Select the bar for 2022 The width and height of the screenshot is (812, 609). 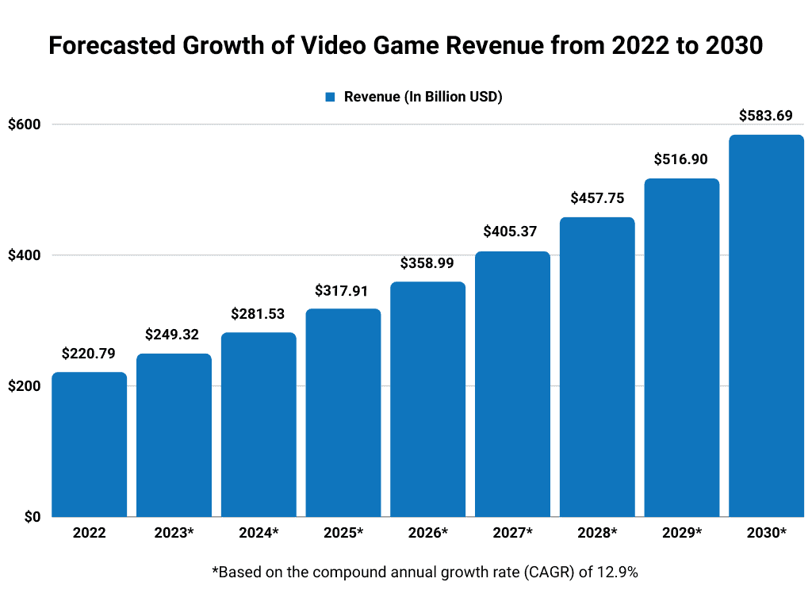90,444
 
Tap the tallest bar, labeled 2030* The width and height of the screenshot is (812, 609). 766,325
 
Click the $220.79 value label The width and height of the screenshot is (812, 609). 90,353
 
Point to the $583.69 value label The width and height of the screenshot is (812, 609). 766,116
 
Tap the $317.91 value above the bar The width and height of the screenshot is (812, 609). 343,289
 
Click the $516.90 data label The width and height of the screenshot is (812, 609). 681,159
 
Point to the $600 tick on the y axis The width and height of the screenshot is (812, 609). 25,124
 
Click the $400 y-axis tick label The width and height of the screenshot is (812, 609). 25,255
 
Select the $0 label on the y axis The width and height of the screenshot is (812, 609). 31,517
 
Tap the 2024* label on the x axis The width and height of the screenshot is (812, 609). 259,533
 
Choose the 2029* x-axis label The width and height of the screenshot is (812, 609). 681,533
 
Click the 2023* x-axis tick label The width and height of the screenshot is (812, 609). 174,533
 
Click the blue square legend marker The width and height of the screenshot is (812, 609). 330,97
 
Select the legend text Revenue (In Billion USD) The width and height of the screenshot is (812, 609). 423,97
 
